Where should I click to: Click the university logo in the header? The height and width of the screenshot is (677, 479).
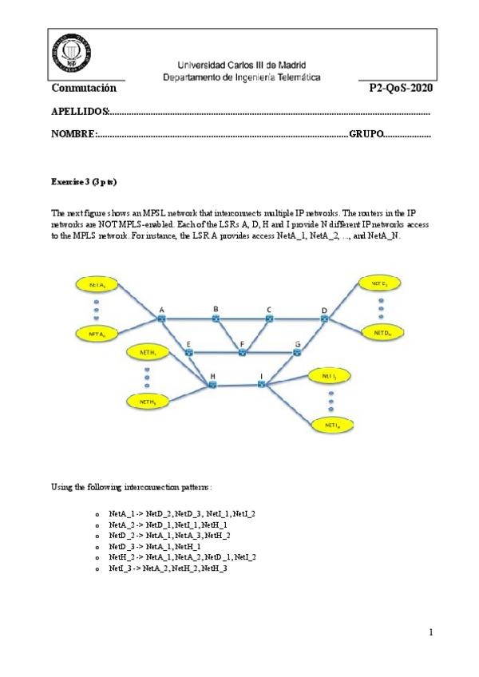pos(70,56)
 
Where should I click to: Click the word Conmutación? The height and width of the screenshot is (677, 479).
pos(84,87)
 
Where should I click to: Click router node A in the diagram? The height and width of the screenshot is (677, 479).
pos(160,319)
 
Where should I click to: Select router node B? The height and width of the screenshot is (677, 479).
pos(216,319)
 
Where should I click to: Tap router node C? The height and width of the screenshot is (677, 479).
pos(269,319)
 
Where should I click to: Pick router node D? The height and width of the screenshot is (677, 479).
pos(324,319)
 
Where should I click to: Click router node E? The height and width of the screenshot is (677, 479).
pos(188,352)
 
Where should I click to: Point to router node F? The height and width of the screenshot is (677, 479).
pos(242,352)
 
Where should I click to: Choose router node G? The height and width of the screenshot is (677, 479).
pos(297,352)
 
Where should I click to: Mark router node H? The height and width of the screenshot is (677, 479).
pos(213,385)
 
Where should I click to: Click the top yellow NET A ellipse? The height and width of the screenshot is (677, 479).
pos(97,284)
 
